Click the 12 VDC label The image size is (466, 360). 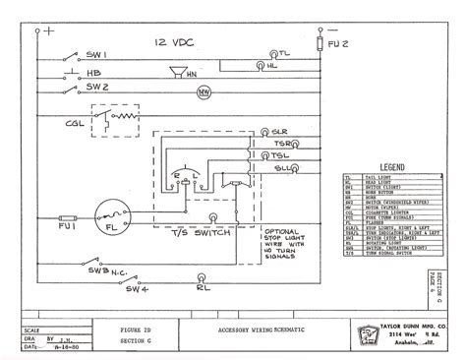coord(172,42)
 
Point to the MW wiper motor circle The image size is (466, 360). coord(204,92)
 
